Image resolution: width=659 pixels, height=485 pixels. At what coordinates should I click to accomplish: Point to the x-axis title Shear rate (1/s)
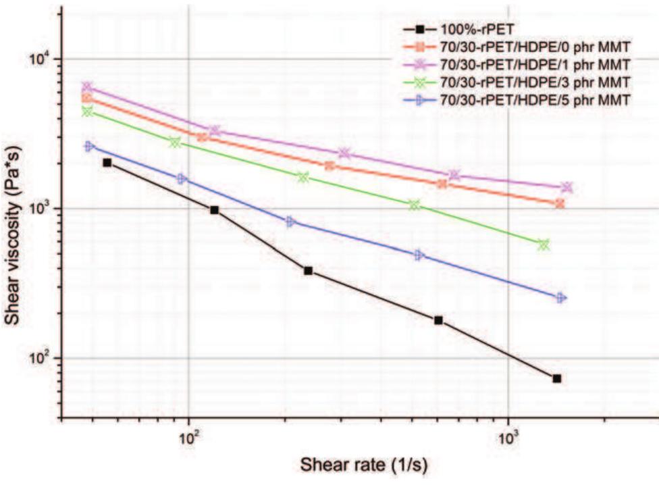tap(364, 465)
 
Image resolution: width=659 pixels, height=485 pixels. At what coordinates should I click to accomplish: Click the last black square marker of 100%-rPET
tap(557, 378)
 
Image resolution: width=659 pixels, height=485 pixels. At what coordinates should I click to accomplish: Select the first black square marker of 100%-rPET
tap(107, 163)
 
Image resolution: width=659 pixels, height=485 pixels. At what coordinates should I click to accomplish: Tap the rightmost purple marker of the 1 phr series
tap(566, 187)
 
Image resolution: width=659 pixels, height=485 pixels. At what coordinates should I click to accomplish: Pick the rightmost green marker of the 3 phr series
tap(544, 245)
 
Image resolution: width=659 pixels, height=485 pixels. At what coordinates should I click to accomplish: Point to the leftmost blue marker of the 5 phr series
tap(89, 146)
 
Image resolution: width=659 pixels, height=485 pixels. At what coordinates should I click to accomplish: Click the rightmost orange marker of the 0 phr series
tap(560, 203)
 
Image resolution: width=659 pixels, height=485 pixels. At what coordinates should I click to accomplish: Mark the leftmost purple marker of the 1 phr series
tap(86, 87)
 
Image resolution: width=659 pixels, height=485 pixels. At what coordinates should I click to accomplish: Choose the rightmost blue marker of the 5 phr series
tap(560, 298)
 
